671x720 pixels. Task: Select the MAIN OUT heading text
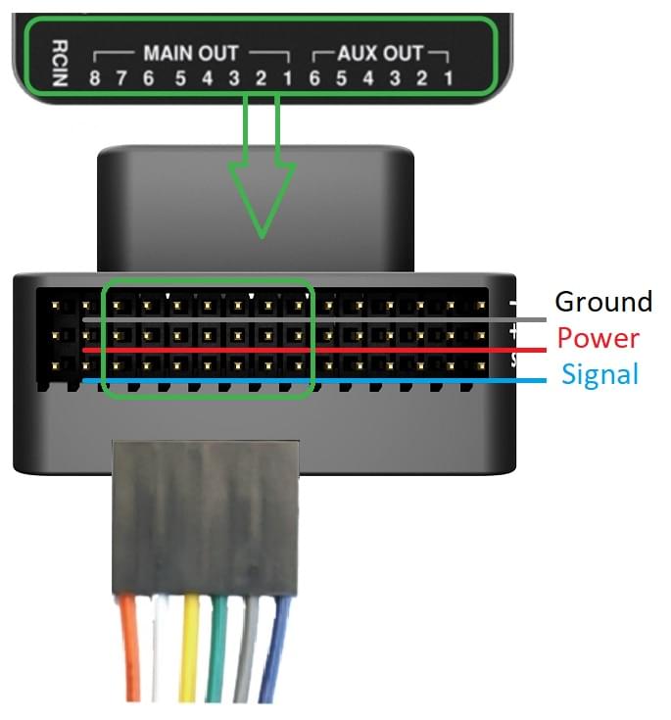click(191, 53)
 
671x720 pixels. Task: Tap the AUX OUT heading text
click(380, 53)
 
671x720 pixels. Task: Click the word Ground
click(602, 302)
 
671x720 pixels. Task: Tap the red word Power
click(598, 339)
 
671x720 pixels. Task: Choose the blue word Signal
click(599, 374)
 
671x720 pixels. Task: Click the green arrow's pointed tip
click(262, 235)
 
